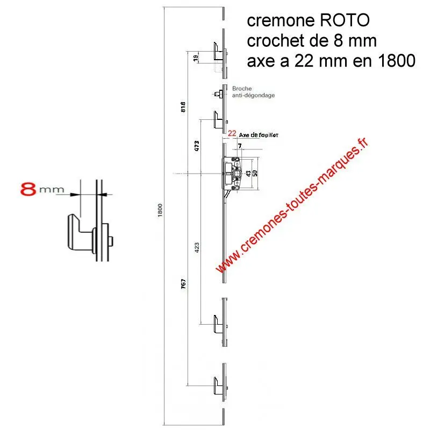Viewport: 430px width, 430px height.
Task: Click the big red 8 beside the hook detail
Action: coord(28,189)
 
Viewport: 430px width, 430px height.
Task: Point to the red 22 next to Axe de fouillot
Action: coord(232,133)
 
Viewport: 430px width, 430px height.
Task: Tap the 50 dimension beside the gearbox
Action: coord(255,173)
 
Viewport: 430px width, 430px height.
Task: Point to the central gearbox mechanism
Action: coord(234,172)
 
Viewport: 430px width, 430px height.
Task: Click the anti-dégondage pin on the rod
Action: coord(219,95)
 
